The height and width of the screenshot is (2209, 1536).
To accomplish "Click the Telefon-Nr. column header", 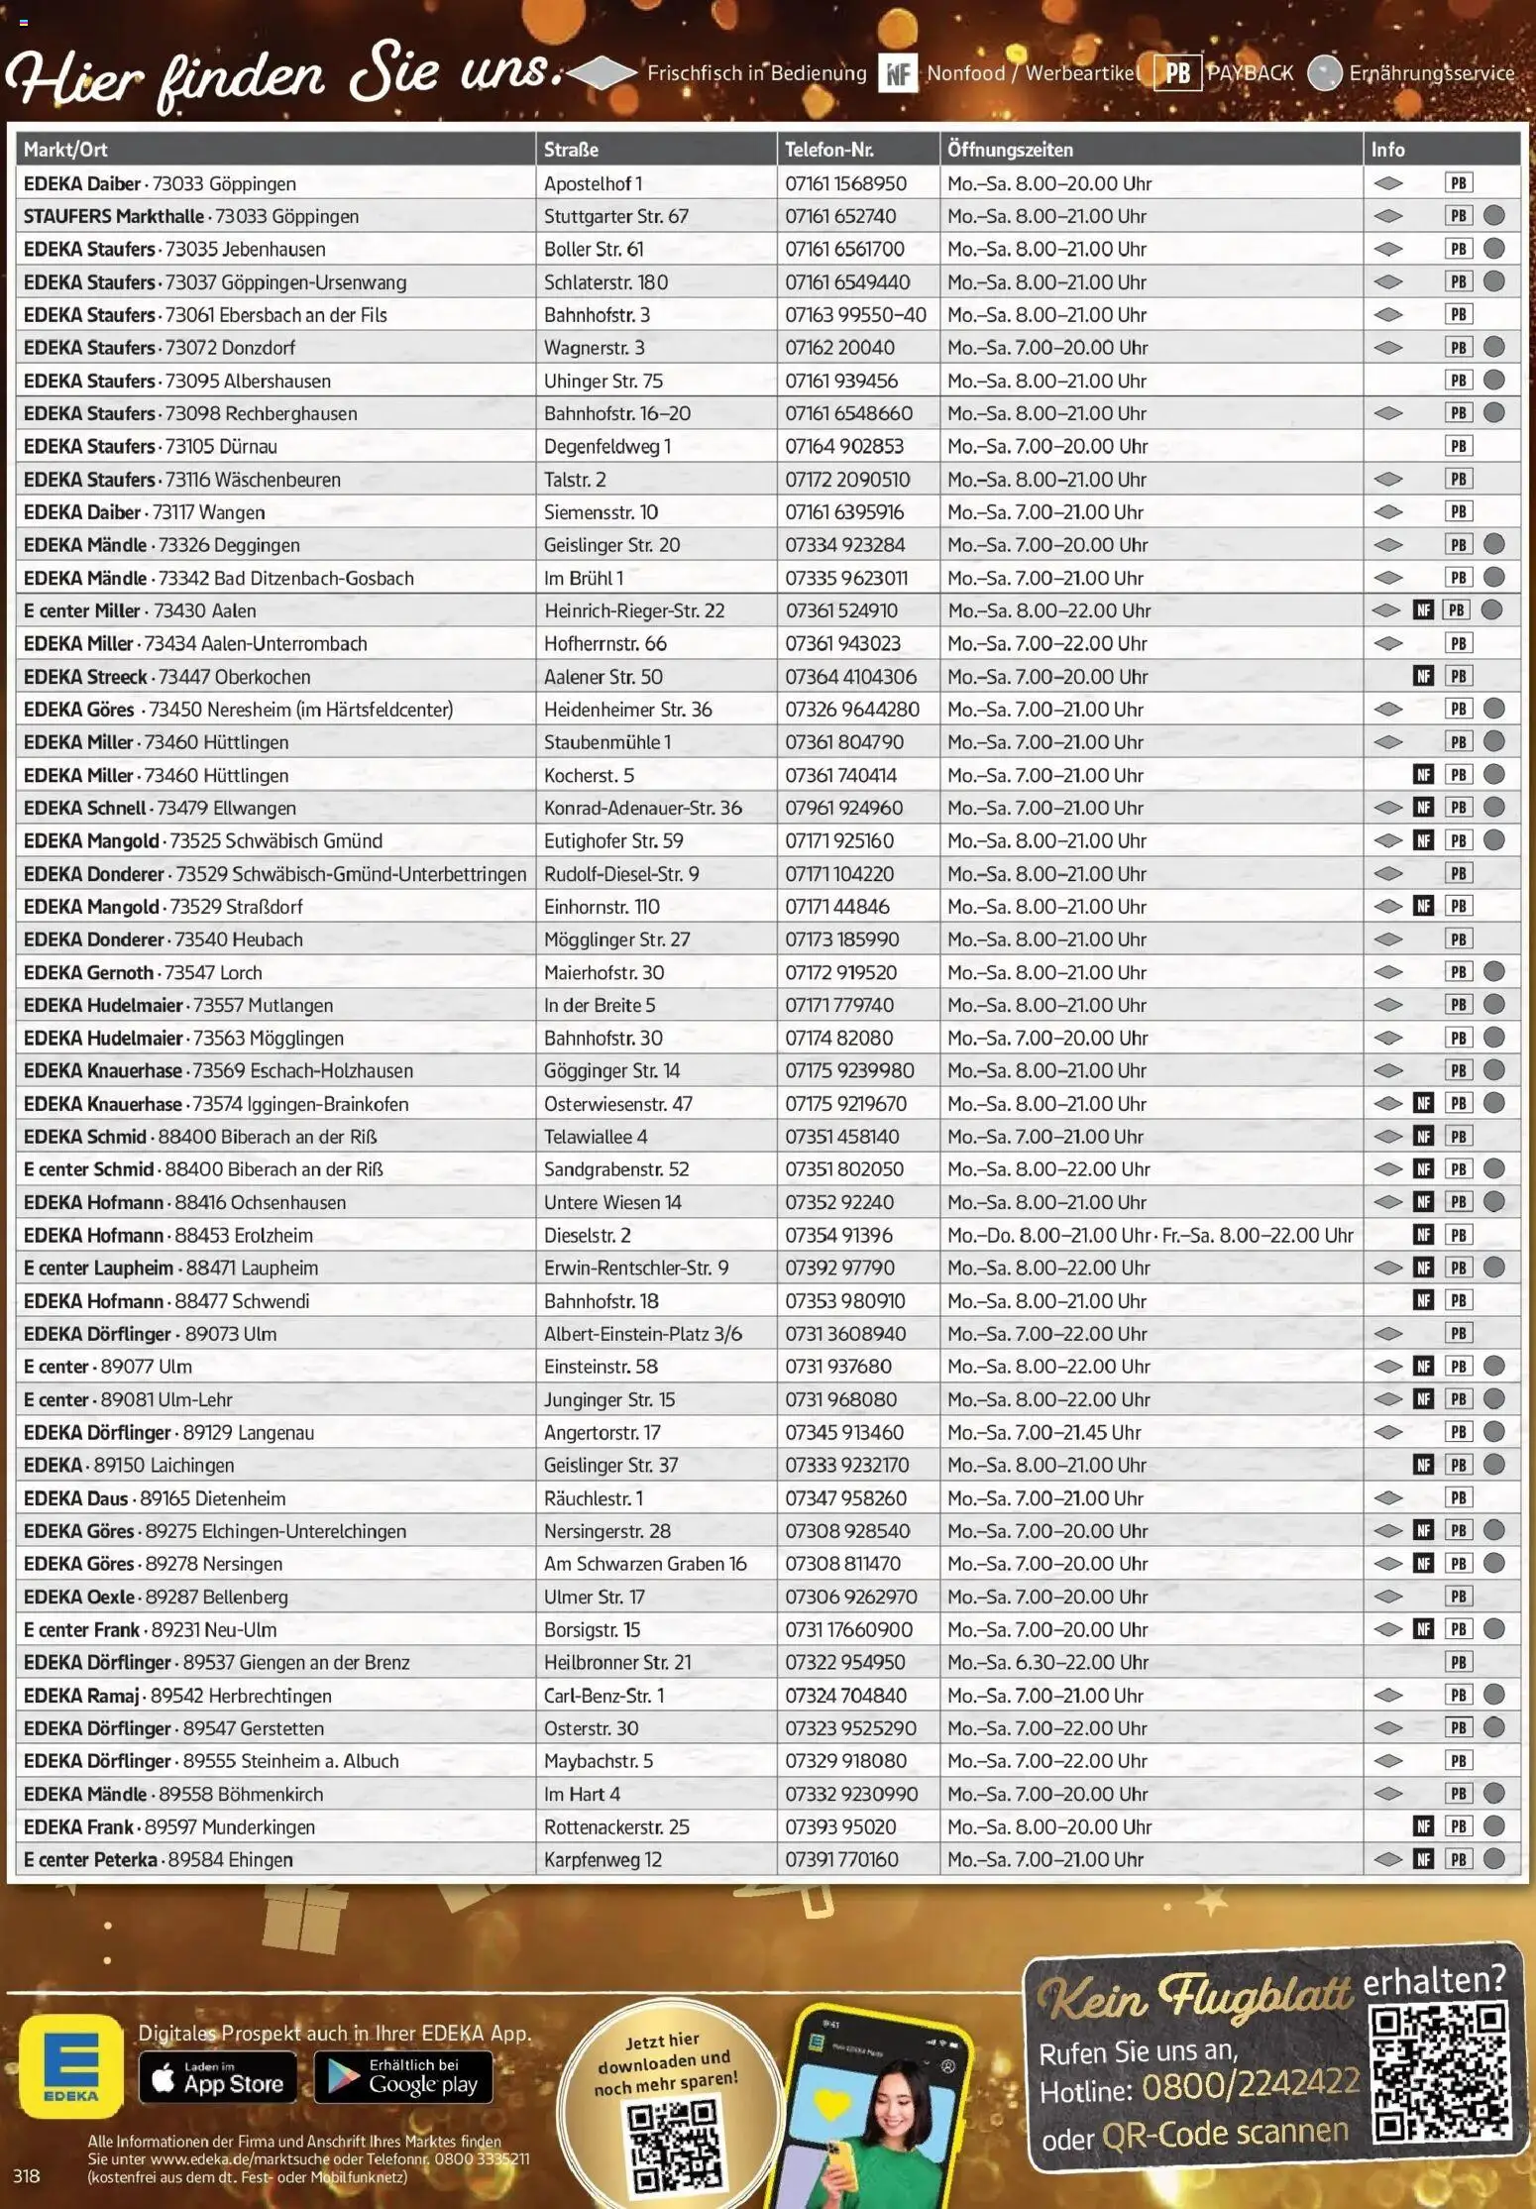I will pos(829,150).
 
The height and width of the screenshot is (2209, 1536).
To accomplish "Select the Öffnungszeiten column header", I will pos(1010,150).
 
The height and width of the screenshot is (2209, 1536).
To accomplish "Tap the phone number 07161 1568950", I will pos(845,183).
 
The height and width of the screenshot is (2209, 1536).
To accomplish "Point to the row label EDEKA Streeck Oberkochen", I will pos(167,677).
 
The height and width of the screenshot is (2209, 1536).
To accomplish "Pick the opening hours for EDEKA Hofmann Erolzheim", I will pos(1150,1236).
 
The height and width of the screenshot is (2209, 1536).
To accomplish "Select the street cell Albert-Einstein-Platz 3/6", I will pos(642,1334).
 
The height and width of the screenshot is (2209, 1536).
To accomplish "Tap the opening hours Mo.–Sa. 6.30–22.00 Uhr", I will pos(1047,1662).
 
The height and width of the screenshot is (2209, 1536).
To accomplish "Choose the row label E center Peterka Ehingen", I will pos(159,1859).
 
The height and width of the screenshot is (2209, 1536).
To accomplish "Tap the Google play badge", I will pos(403,2077).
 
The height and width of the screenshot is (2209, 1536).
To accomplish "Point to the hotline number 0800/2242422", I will pos(1250,2084).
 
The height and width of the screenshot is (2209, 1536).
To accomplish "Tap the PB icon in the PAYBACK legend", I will pos(1177,73).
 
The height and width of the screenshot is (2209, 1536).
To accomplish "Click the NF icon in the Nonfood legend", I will pos(898,73).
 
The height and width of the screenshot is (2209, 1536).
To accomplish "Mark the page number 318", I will pos(27,2176).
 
